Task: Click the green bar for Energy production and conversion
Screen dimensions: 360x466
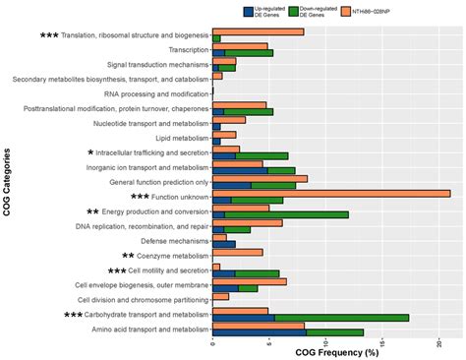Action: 286,214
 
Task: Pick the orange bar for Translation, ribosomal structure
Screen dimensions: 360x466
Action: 258,31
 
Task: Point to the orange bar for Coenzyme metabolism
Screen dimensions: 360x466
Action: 237,252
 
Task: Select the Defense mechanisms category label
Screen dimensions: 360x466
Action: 173,241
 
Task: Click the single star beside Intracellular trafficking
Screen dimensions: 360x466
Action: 90,152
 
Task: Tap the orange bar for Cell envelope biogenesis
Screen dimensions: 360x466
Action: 250,281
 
